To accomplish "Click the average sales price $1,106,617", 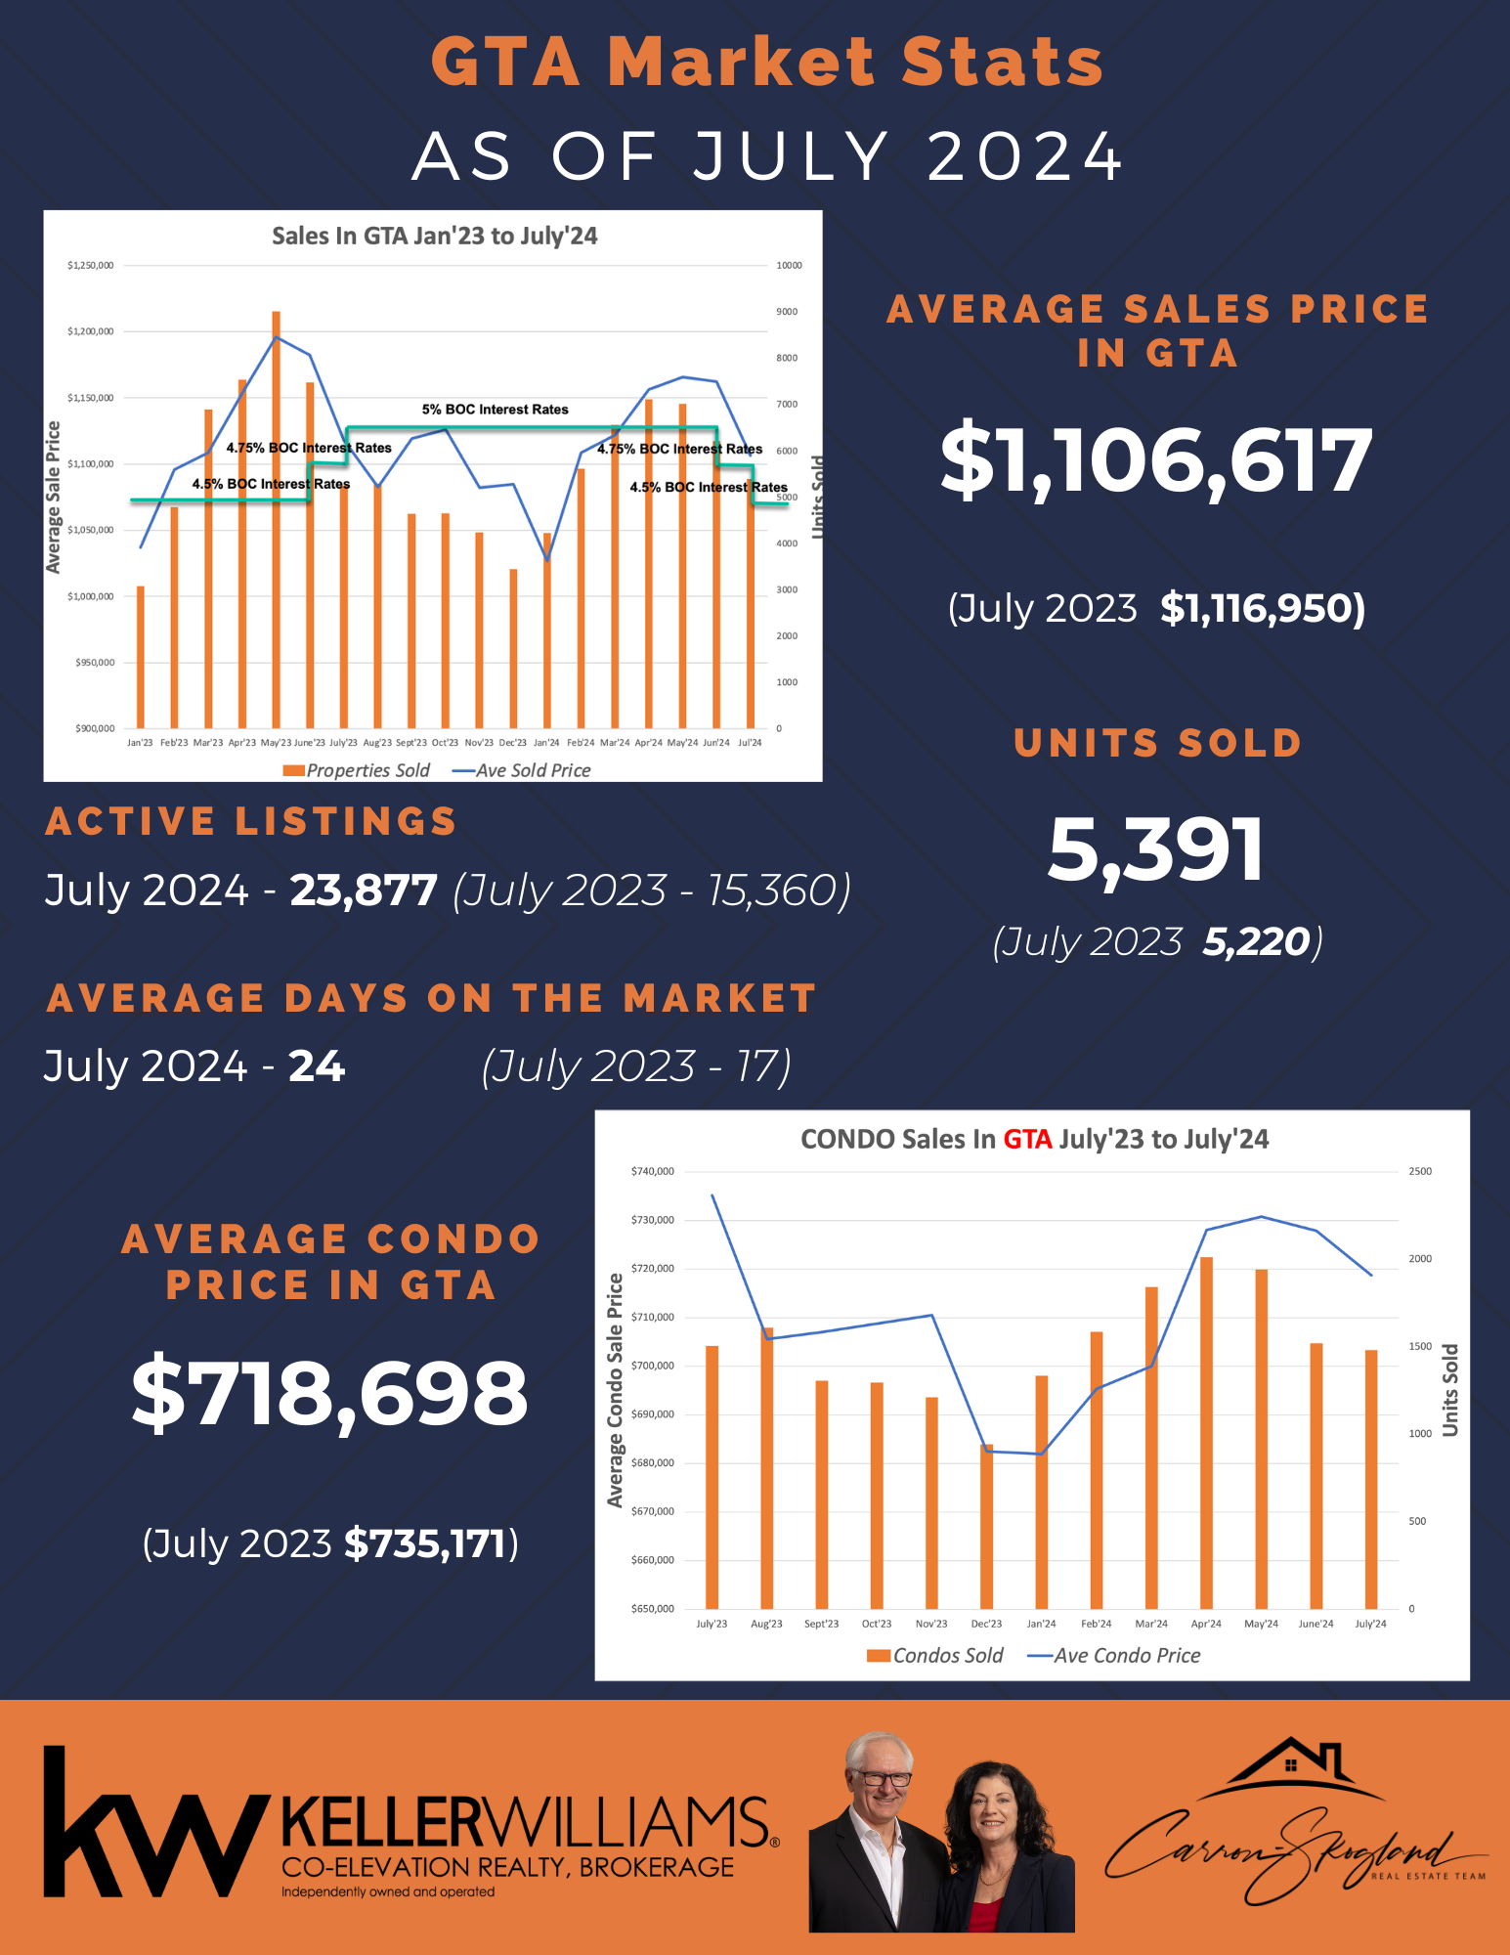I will [x=1156, y=460].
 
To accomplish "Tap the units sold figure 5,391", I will [x=1156, y=848].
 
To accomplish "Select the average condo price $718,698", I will [x=330, y=1393].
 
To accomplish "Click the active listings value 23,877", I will [x=364, y=891].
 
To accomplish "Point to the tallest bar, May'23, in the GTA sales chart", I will [x=277, y=518].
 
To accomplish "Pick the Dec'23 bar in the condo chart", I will [x=987, y=1526].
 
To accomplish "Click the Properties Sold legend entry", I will [x=357, y=770].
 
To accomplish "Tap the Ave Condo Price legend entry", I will [x=1114, y=1655].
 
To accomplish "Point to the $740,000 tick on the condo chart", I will [x=653, y=1171].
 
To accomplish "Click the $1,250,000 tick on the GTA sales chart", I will [x=90, y=266].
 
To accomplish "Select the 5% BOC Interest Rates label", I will [x=495, y=410].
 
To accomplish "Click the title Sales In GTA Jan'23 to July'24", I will [x=434, y=236].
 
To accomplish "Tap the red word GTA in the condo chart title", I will [x=1027, y=1139].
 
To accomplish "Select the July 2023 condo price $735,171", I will [x=424, y=1543].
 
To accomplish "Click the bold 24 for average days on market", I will [x=317, y=1066].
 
